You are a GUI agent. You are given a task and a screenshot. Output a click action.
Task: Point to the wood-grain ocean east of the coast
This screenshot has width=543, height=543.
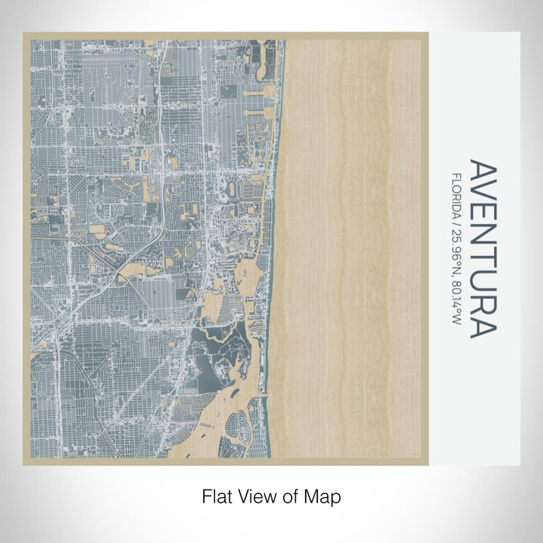[x=349, y=233]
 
